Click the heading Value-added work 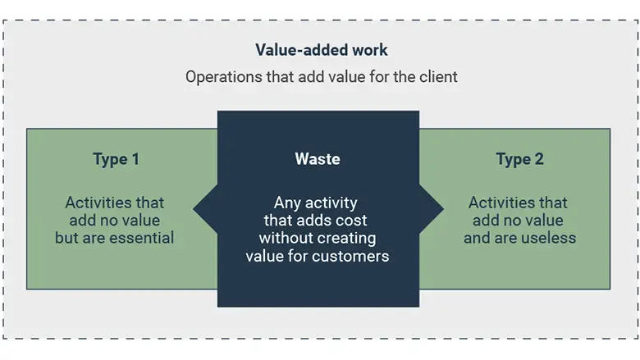[321, 50]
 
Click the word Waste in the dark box [318, 159]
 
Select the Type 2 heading [519, 159]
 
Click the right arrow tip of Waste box [442, 208]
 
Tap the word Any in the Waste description [289, 203]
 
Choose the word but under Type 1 [67, 239]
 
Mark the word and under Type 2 [477, 239]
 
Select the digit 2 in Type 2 [538, 159]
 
